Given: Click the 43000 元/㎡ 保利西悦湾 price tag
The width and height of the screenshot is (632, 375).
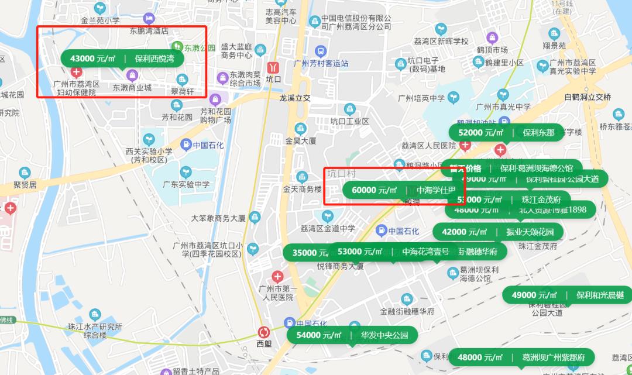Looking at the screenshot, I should (x=121, y=59).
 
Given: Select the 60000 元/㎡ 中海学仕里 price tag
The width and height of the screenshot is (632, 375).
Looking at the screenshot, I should (x=403, y=190).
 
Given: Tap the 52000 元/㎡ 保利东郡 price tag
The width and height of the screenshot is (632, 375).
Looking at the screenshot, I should (x=506, y=133).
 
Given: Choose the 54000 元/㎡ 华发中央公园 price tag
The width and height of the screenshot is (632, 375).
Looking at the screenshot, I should (x=352, y=335).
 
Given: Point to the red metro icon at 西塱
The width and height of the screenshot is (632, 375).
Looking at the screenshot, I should (x=265, y=332).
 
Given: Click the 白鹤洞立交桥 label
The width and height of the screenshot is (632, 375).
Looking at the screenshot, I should (x=587, y=97).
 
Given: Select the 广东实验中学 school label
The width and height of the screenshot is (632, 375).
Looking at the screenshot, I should (x=186, y=184).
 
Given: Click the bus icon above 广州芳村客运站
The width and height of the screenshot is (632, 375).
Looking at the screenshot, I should (x=320, y=51).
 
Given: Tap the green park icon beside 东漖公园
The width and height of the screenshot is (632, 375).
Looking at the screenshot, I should (x=176, y=46).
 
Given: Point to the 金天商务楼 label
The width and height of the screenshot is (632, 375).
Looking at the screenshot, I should (x=302, y=189).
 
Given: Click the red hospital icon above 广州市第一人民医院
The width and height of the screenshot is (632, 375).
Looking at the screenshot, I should (x=277, y=276).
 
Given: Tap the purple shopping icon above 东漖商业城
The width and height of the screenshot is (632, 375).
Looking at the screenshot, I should (x=132, y=75).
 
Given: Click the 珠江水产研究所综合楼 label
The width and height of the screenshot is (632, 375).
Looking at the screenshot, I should (x=95, y=331).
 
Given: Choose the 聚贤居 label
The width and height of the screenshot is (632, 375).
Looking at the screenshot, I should (x=25, y=185).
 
